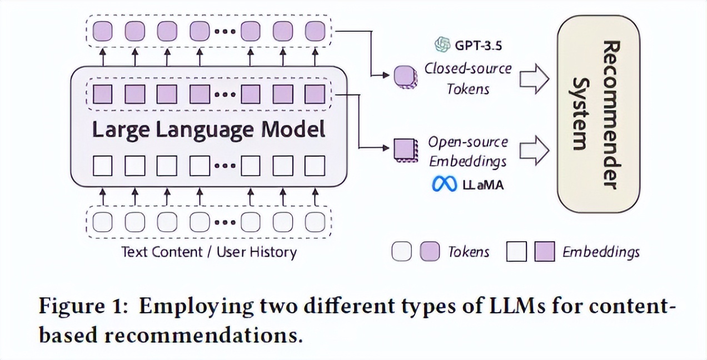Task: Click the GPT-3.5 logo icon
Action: click(x=443, y=44)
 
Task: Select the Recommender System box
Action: click(x=598, y=113)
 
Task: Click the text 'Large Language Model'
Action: click(x=208, y=129)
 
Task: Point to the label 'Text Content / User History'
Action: click(x=209, y=252)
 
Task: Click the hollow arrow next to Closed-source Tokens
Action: click(x=534, y=79)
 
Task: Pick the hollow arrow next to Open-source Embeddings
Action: click(x=534, y=151)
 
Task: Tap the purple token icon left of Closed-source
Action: click(x=404, y=77)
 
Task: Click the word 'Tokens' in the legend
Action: click(x=469, y=252)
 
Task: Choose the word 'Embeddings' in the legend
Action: click(x=601, y=252)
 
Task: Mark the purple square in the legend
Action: click(x=544, y=252)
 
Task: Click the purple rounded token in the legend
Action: click(x=430, y=252)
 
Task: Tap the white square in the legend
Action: click(x=516, y=252)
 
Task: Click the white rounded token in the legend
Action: click(x=402, y=252)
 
